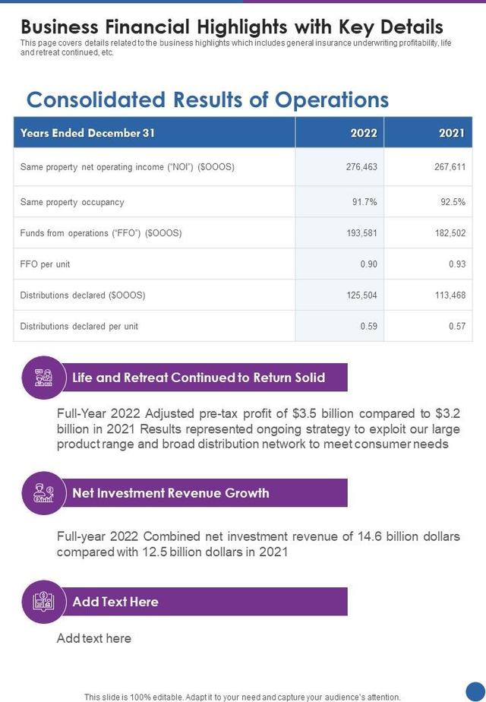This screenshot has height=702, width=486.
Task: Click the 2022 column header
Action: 364,133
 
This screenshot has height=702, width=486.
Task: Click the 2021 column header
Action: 451,133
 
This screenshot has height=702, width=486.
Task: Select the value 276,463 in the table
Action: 361,167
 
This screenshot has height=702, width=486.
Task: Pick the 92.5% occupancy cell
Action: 453,202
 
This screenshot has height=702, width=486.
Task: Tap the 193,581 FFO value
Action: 361,233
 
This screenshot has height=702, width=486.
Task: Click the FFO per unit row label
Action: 45,264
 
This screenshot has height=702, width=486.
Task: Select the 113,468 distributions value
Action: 450,296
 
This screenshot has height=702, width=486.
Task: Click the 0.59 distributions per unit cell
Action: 368,327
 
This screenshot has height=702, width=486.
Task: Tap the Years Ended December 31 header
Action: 87,133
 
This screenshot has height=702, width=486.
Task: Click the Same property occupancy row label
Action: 72,202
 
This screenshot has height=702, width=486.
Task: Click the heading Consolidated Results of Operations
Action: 207,100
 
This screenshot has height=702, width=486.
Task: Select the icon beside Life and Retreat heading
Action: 44,378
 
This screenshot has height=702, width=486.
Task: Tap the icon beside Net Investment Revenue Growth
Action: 44,493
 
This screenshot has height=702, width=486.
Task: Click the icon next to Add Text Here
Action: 44,602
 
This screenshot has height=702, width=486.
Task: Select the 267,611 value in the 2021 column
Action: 450,167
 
